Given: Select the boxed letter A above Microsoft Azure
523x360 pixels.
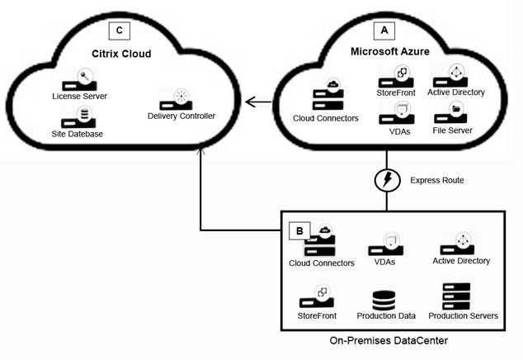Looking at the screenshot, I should (x=384, y=30).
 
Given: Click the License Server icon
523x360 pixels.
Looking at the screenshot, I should (x=79, y=81).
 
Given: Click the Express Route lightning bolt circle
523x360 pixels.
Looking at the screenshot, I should (x=384, y=181).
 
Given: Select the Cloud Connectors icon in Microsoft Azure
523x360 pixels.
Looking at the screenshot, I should (x=325, y=97).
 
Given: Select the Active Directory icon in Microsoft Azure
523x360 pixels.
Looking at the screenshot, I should (x=455, y=76).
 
